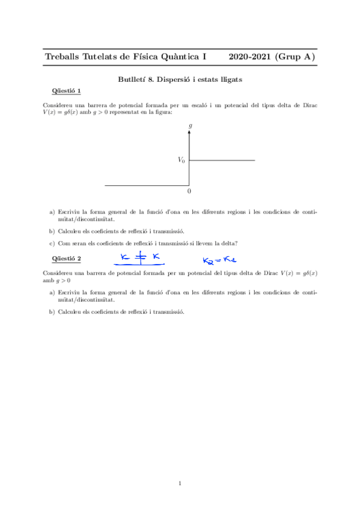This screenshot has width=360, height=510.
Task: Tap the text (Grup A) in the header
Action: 294,57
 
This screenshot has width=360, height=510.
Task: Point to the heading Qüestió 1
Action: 67,90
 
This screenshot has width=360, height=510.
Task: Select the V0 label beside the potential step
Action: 181,160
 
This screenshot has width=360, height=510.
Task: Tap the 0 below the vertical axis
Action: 189,191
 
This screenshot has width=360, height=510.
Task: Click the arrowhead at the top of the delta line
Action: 190,133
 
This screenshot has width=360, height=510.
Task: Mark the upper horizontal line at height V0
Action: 222,160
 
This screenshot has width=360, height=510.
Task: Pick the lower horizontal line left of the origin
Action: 147,186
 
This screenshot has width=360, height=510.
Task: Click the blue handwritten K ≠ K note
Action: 139,259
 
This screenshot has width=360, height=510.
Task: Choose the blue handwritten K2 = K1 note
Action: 217,260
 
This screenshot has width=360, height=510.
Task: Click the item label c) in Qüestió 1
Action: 52,244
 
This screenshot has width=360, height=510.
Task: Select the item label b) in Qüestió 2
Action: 52,312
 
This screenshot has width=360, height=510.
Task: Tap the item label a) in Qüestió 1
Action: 52,212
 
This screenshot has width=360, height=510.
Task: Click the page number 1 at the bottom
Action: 180,483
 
